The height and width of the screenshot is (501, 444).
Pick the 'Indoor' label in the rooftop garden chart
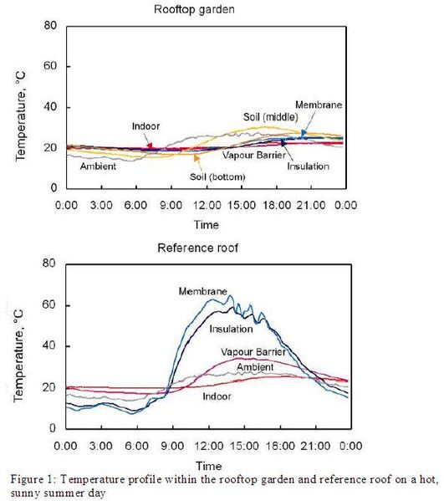click(x=145, y=125)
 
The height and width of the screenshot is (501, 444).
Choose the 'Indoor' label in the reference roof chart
click(x=217, y=396)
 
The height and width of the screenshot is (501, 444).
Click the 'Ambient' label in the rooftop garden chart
click(x=98, y=166)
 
